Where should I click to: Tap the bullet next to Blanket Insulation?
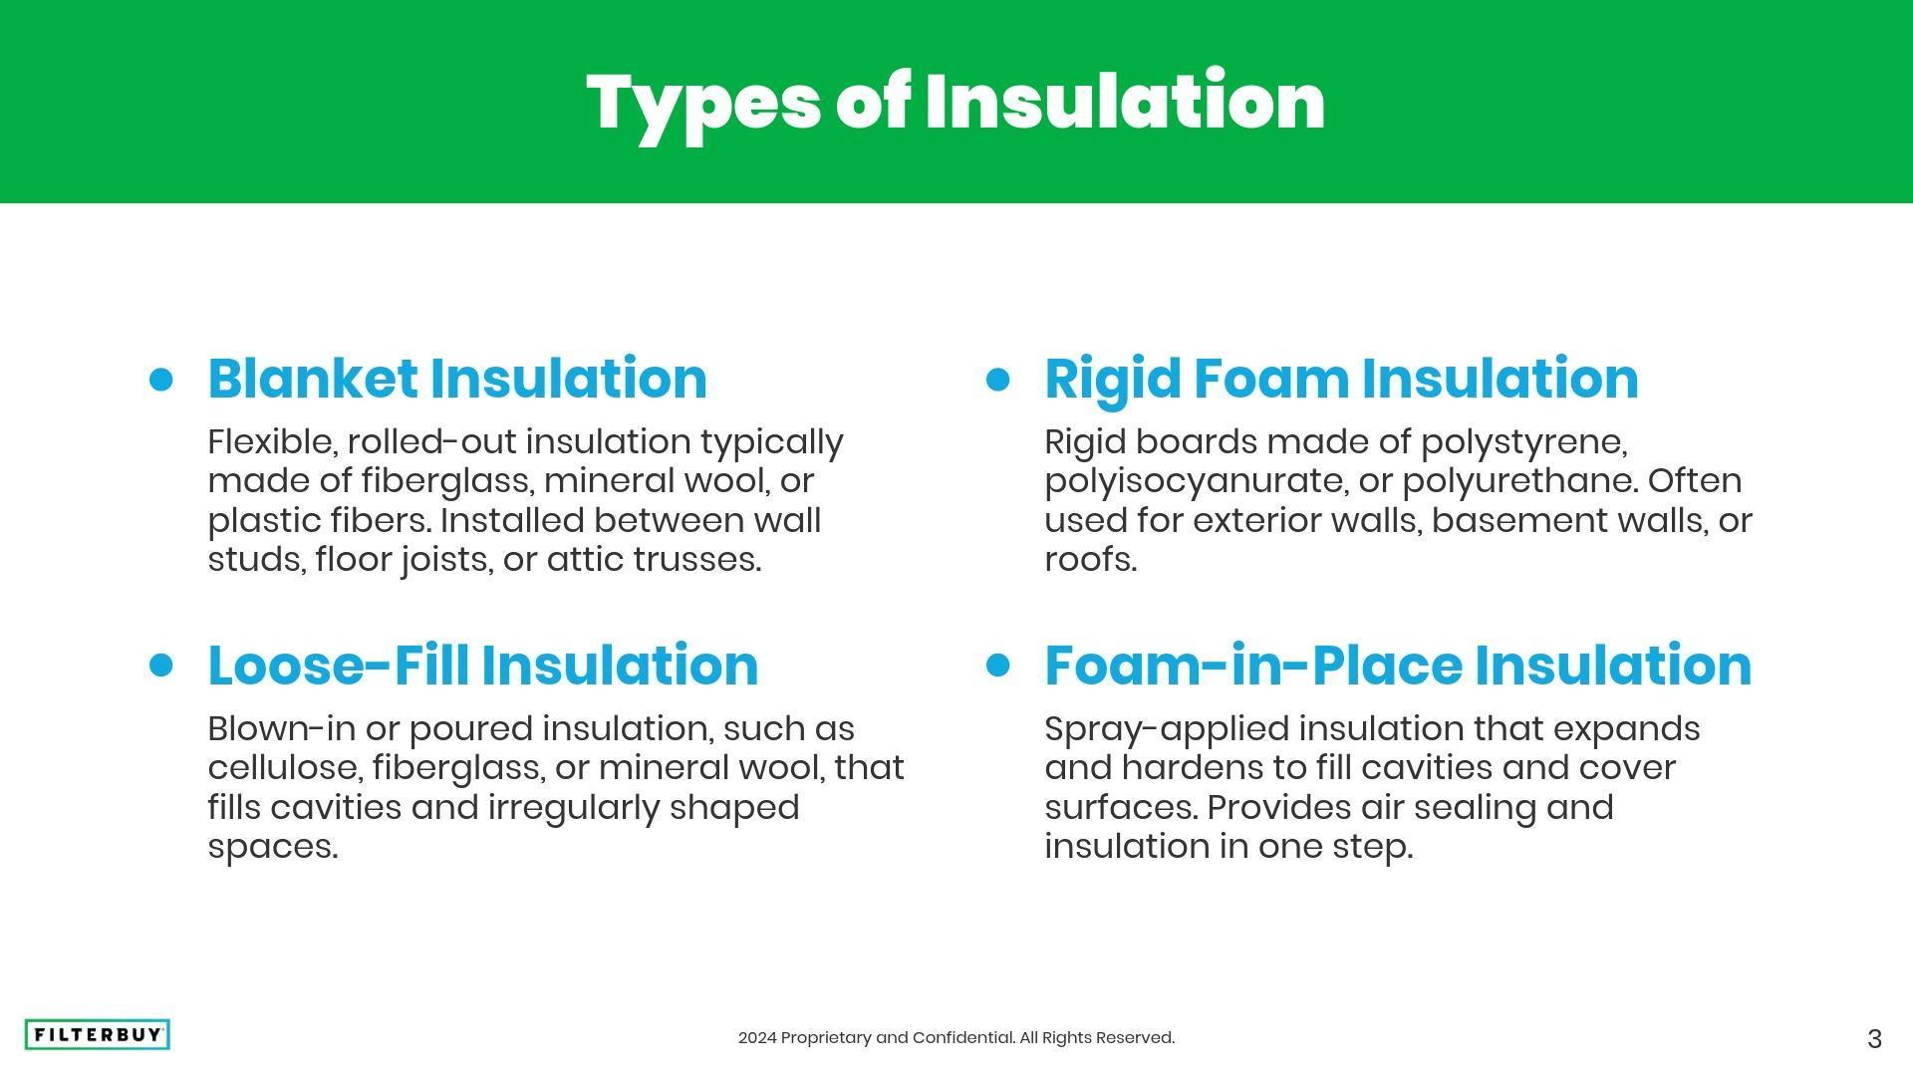[x=160, y=380]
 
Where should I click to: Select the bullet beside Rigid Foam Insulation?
[x=997, y=380]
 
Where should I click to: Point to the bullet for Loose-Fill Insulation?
[x=160, y=665]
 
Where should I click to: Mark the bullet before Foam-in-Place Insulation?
[x=997, y=665]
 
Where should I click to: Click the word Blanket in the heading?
[x=313, y=379]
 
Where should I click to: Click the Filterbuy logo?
[x=97, y=1035]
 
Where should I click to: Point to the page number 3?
[x=1874, y=1039]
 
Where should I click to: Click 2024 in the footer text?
[x=757, y=1038]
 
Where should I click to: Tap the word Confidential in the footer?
[x=963, y=1038]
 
